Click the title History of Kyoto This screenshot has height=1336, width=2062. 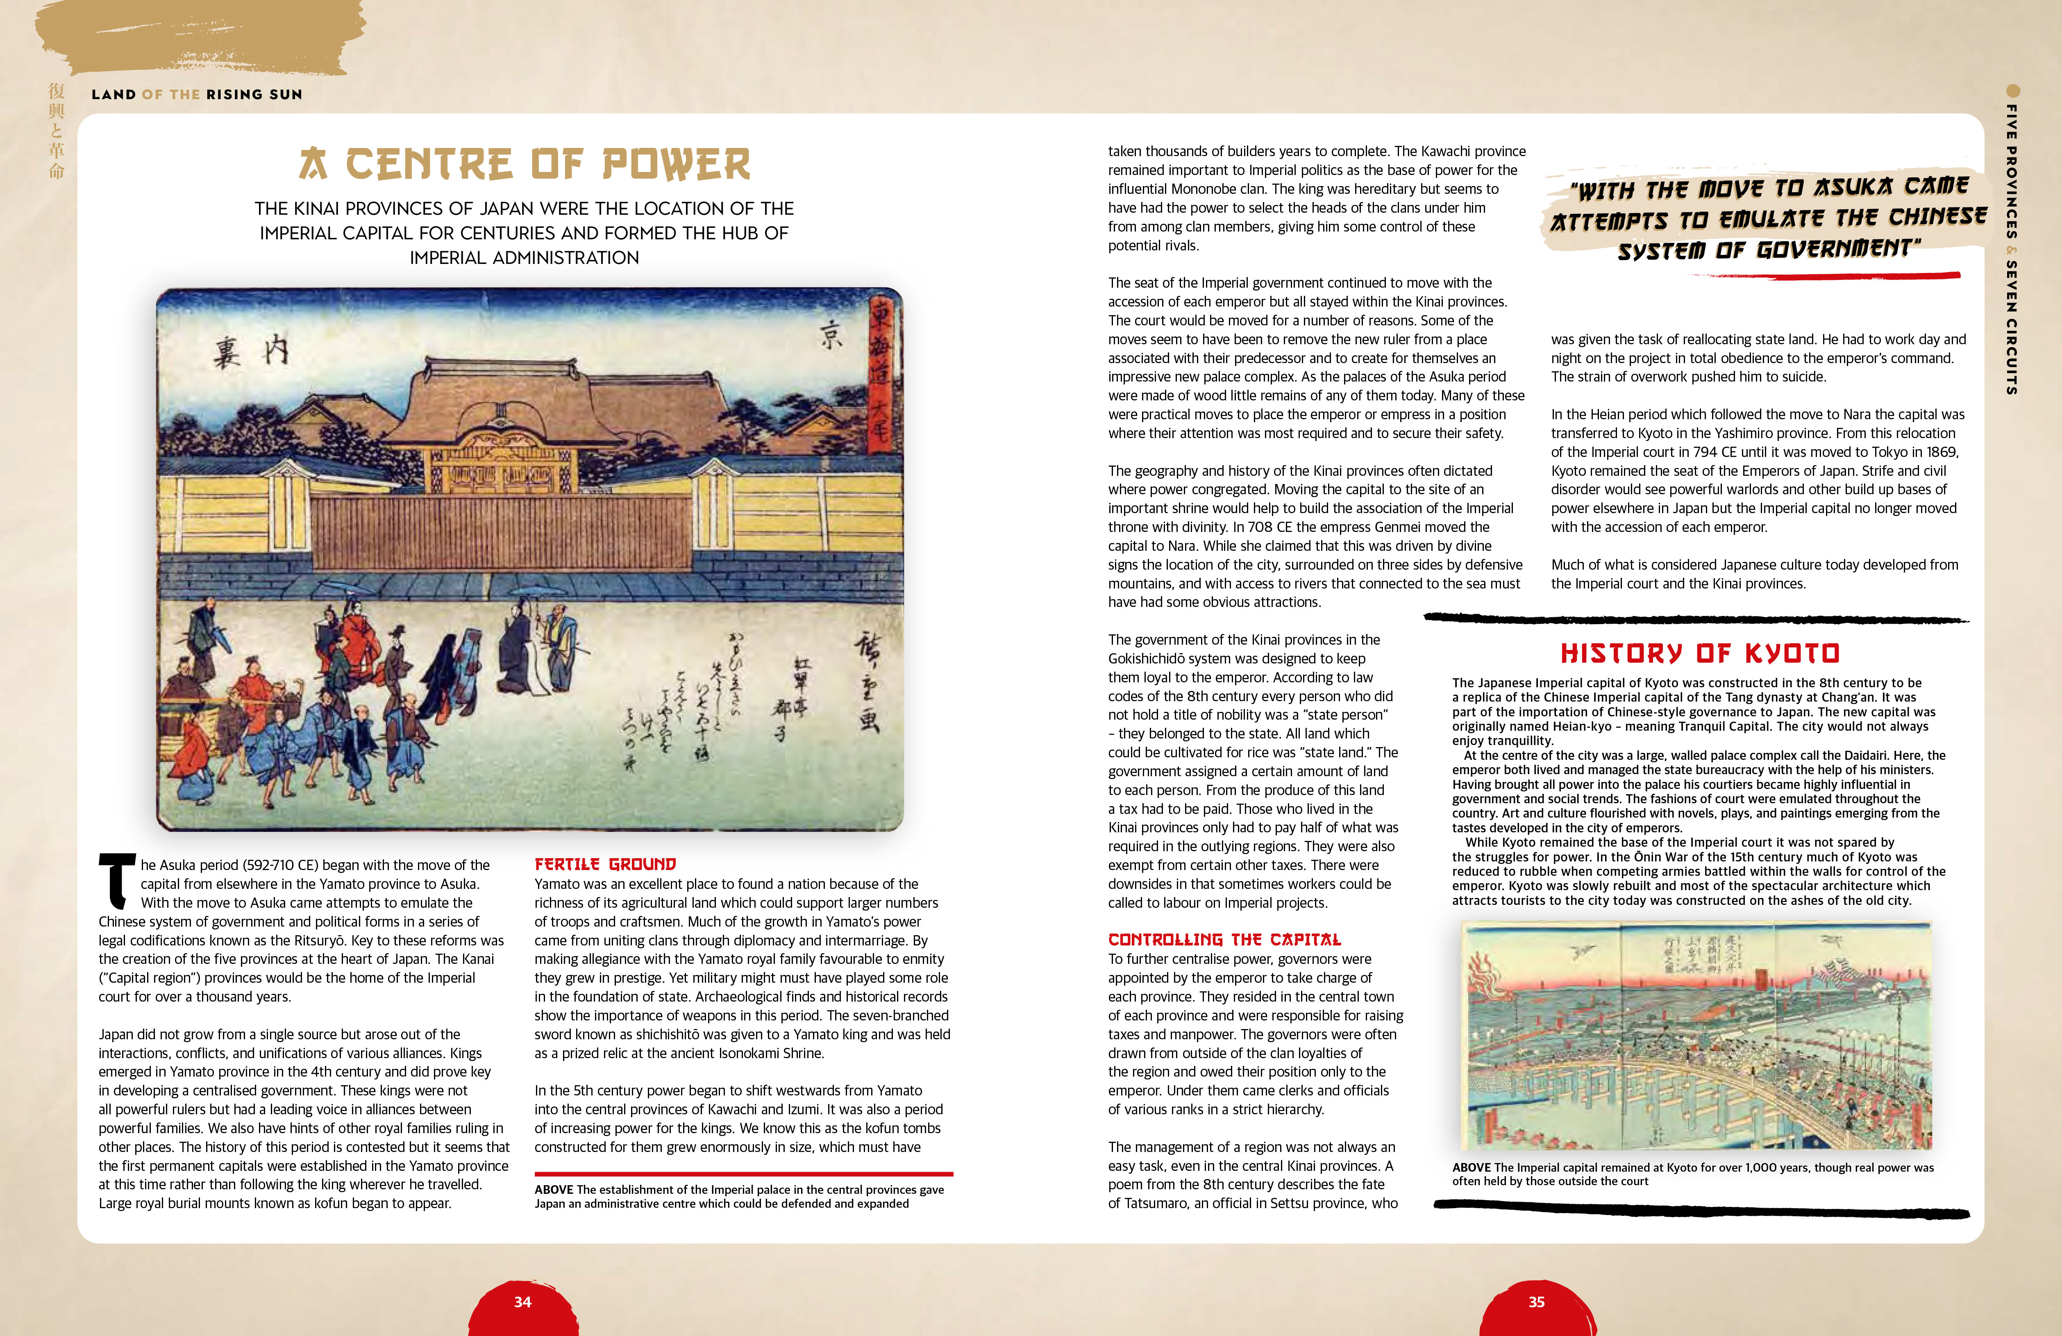1700,653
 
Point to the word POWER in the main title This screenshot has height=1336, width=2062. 676,165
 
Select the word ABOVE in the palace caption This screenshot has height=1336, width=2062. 554,1190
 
